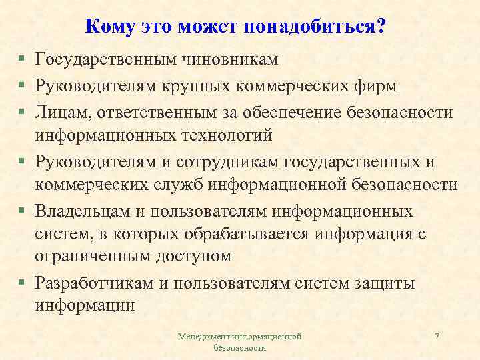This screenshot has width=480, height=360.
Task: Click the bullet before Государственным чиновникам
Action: click(22, 60)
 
